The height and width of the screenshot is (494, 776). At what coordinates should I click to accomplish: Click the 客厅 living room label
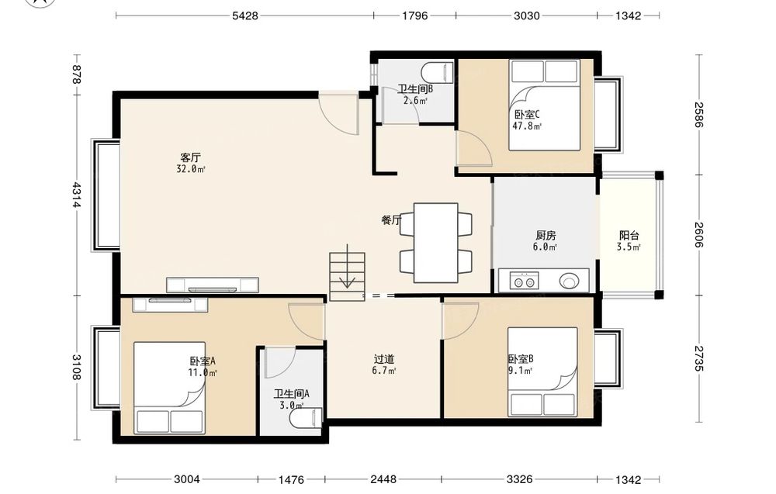point(191,157)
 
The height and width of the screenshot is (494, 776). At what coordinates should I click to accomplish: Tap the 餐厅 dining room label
point(391,220)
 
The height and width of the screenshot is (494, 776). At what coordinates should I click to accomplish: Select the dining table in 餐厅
point(435,243)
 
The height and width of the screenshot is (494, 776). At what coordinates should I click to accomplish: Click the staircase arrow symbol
point(348,267)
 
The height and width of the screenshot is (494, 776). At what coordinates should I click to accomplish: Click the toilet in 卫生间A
point(306,418)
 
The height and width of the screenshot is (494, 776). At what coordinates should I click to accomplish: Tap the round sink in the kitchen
point(569,282)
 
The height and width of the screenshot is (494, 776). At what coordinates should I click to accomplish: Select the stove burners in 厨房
point(525,282)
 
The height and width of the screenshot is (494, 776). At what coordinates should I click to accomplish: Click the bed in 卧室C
point(545,105)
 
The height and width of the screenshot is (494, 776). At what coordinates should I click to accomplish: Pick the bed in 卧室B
point(542,372)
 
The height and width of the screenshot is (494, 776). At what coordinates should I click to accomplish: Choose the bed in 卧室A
point(170,389)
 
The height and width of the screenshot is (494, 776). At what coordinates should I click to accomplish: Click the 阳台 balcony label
point(629,236)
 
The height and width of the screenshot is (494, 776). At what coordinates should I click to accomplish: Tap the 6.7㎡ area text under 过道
point(384,371)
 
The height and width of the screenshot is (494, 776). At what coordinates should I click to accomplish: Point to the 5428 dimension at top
point(245,16)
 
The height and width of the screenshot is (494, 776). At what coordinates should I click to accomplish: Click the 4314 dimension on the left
point(76,195)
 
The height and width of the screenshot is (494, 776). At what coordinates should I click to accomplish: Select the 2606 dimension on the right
point(698,234)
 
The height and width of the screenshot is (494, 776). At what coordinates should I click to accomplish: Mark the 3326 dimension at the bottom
point(520,478)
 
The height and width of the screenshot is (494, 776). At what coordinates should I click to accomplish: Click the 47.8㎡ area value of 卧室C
point(527,126)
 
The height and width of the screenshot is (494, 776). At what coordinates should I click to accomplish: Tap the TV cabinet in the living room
point(213,285)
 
